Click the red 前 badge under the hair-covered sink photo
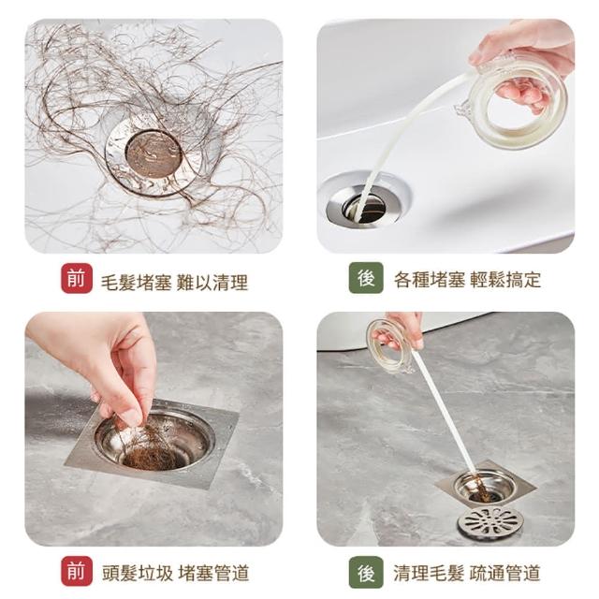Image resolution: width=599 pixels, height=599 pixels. point(77,279)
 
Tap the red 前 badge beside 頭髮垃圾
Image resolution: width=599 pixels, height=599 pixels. point(77,571)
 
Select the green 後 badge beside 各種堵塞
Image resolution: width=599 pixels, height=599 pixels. point(366,278)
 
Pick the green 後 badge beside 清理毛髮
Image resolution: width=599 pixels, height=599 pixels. point(366,572)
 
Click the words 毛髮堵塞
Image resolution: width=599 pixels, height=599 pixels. point(136,283)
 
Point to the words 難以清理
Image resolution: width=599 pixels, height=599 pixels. point(212,283)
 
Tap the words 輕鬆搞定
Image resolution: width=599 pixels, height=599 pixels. point(505,280)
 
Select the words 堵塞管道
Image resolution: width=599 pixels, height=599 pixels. point(213,574)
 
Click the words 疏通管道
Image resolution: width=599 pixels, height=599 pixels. point(505,574)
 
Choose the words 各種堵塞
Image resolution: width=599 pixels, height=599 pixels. point(430,280)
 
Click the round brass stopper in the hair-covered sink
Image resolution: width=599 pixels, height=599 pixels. point(153,153)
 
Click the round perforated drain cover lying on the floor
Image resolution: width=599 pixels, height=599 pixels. point(490,521)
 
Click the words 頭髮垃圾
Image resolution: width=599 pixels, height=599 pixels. point(138,574)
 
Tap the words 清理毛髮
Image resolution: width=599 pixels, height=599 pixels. point(430,574)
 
